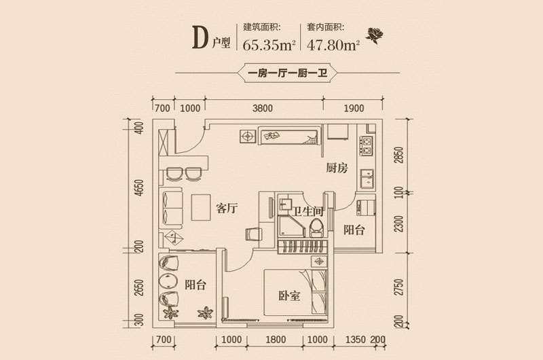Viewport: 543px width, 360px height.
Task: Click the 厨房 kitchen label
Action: click(337, 168)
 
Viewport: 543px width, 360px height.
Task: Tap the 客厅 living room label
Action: click(227, 209)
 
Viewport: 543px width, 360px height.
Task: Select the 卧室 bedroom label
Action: click(289, 295)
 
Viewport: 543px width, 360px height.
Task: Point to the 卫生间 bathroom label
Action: click(308, 211)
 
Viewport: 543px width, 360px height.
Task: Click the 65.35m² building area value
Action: click(269, 45)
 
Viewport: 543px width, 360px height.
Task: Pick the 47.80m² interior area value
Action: click(333, 45)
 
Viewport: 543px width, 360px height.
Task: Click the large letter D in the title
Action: click(200, 38)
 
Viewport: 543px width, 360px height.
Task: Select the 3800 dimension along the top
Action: click(263, 109)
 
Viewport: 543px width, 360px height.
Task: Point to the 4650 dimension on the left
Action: click(138, 187)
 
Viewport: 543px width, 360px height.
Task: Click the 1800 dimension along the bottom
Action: click(276, 339)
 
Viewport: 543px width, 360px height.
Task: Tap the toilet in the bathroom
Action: click(316, 227)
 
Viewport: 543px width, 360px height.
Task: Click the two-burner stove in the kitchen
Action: click(367, 146)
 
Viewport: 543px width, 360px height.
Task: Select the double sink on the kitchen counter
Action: click(367, 179)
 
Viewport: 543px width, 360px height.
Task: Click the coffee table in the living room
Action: click(201, 207)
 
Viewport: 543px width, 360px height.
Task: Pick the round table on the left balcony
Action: click(168, 281)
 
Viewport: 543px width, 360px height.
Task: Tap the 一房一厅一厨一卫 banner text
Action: click(288, 73)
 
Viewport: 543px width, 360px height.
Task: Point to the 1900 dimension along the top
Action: click(354, 109)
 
